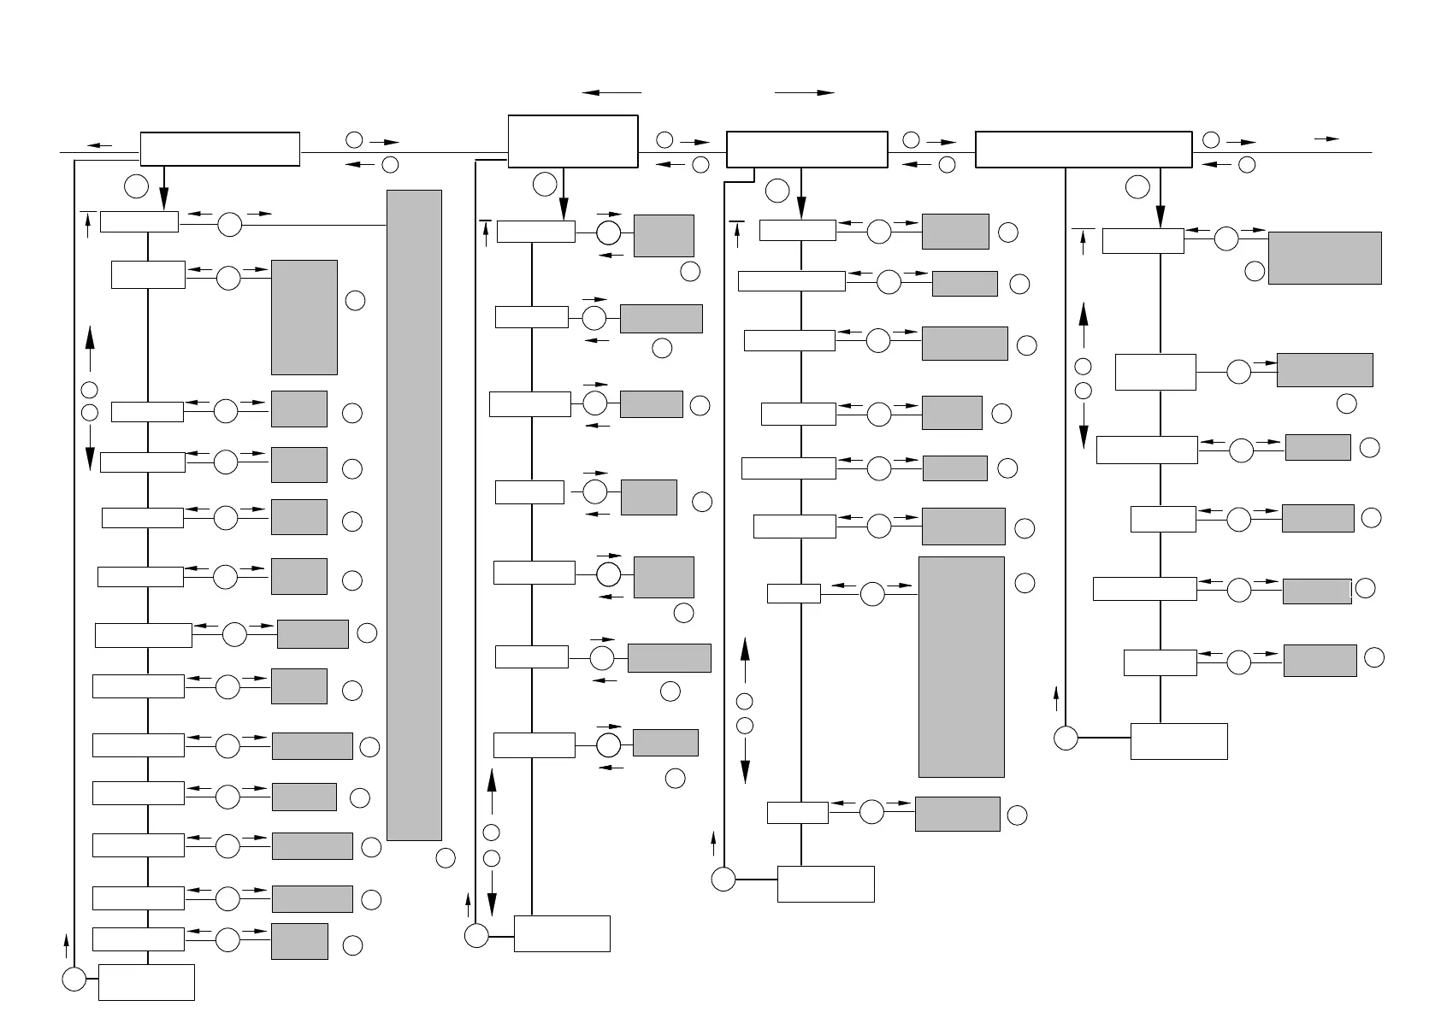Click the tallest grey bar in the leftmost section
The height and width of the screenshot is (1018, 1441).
tap(414, 515)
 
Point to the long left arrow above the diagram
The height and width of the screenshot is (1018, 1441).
tap(611, 92)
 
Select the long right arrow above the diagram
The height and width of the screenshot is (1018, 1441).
tap(804, 92)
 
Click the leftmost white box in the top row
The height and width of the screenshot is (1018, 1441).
tap(220, 149)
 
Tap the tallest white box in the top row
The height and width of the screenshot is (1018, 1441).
tap(573, 141)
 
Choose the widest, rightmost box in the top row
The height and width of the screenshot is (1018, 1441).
tap(1084, 150)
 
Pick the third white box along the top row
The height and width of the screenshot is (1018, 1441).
tap(806, 150)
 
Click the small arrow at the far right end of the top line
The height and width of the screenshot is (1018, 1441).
tap(1327, 138)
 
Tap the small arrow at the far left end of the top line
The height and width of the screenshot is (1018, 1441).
tap(99, 145)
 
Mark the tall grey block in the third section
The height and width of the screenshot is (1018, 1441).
tap(961, 667)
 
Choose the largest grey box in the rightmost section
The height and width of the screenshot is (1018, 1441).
tap(1325, 257)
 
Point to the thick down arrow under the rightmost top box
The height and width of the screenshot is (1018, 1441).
tap(1160, 197)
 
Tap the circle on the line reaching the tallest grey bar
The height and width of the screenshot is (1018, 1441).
tap(229, 225)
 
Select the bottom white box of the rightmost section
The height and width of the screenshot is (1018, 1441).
tap(1178, 741)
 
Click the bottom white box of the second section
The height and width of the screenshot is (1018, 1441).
tap(562, 933)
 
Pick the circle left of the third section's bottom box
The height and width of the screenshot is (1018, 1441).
tap(723, 879)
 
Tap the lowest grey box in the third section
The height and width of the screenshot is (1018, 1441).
tap(957, 814)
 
